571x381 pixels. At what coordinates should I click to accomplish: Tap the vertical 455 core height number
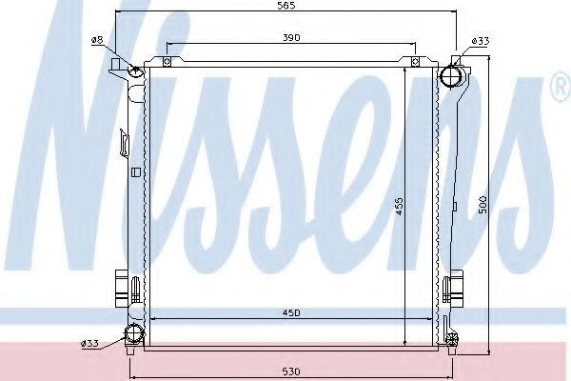pyautogui.click(x=401, y=204)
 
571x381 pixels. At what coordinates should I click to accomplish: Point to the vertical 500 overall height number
pyautogui.click(x=483, y=204)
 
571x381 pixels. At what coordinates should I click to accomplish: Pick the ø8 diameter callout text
pyautogui.click(x=97, y=39)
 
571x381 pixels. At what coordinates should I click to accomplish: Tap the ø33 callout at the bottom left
pyautogui.click(x=89, y=343)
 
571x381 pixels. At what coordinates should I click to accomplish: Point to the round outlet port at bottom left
pyautogui.click(x=132, y=335)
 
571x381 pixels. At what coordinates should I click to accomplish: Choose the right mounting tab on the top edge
pyautogui.click(x=415, y=61)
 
